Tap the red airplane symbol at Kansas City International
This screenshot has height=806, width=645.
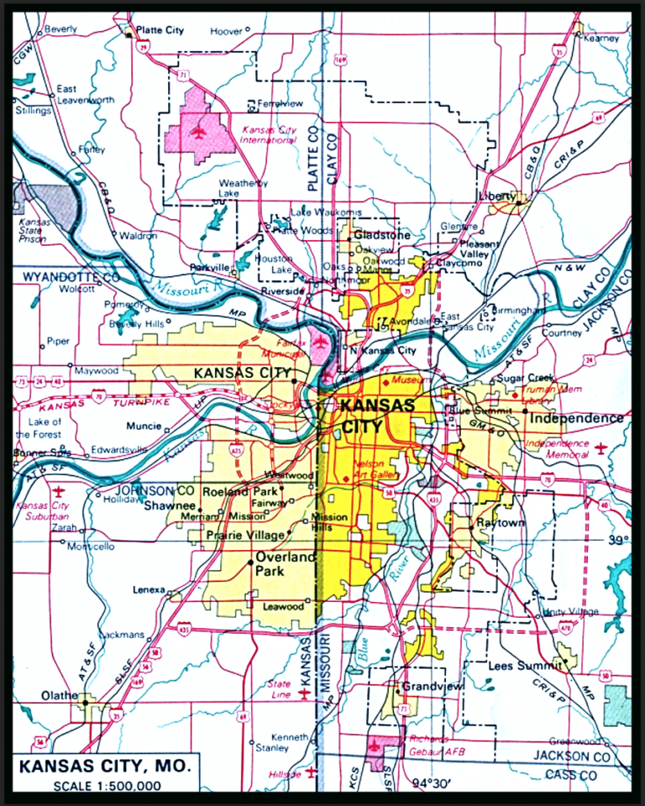[x=198, y=131]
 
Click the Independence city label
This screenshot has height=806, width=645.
[x=576, y=418]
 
